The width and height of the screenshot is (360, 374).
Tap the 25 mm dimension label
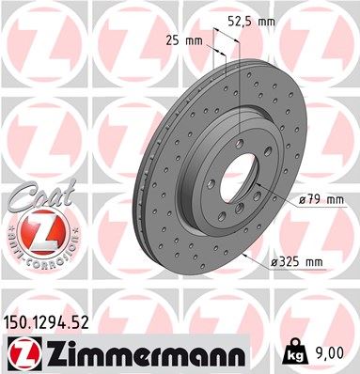[192, 41]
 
